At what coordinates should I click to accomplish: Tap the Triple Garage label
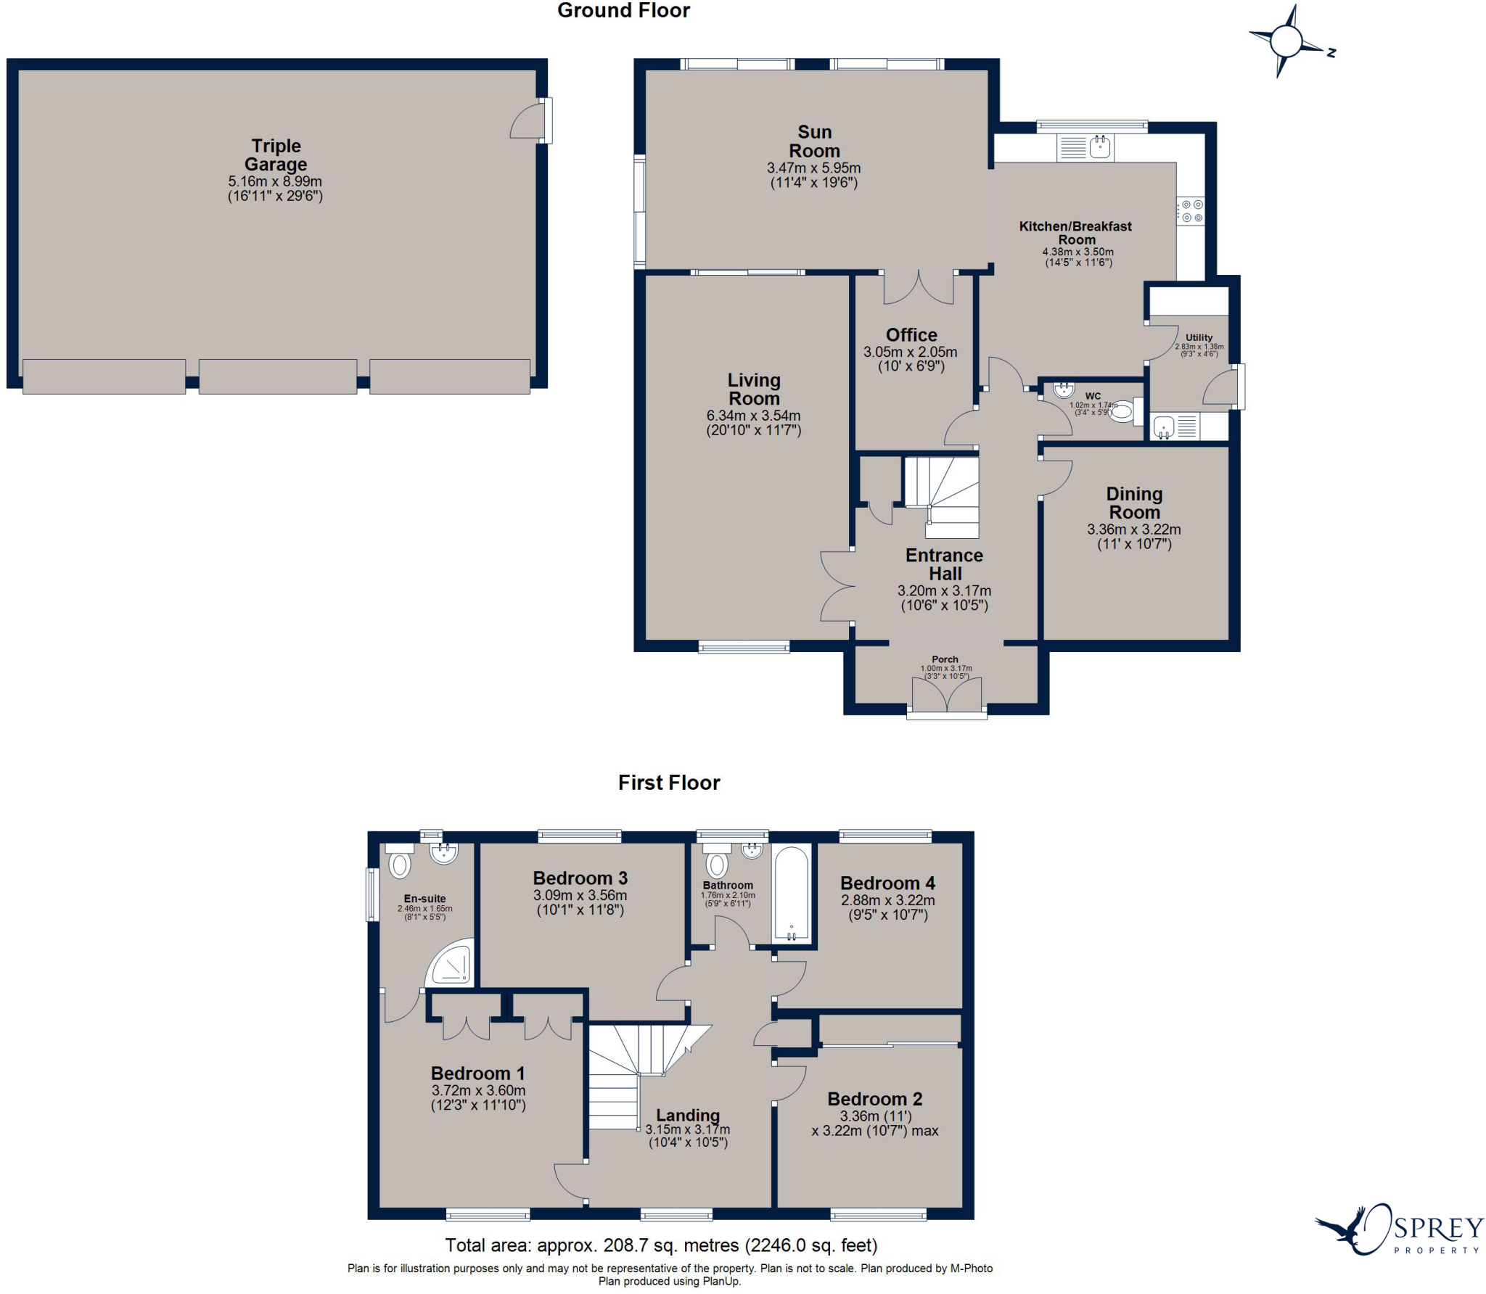tap(276, 154)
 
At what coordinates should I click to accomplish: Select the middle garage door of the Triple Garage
tap(278, 376)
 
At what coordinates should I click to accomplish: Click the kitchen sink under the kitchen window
tap(1101, 147)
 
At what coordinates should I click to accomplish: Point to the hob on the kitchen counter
tap(1191, 211)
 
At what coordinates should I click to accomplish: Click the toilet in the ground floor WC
tap(1122, 412)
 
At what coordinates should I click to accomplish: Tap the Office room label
tap(911, 335)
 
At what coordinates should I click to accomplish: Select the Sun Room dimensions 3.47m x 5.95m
tap(813, 168)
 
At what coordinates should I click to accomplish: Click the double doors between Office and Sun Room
tap(919, 288)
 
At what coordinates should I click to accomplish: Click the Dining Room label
tap(1134, 503)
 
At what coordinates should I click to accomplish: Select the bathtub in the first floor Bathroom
tap(792, 894)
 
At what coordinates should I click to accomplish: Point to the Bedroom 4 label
tap(887, 883)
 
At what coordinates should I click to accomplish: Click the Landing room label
tap(688, 1115)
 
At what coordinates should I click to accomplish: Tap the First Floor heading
tap(668, 783)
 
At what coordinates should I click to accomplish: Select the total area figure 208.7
tap(629, 1246)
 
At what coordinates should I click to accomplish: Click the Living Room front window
tap(744, 647)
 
